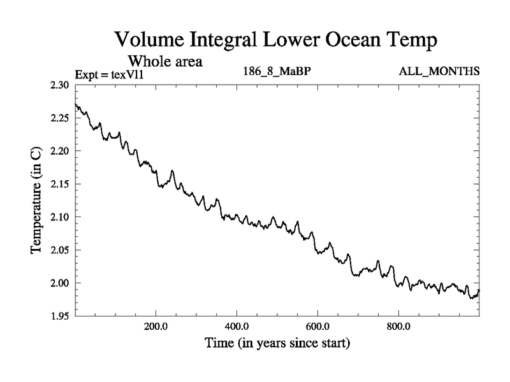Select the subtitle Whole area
point(165,61)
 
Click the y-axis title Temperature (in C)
point(37,201)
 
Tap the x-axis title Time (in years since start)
point(277,344)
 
